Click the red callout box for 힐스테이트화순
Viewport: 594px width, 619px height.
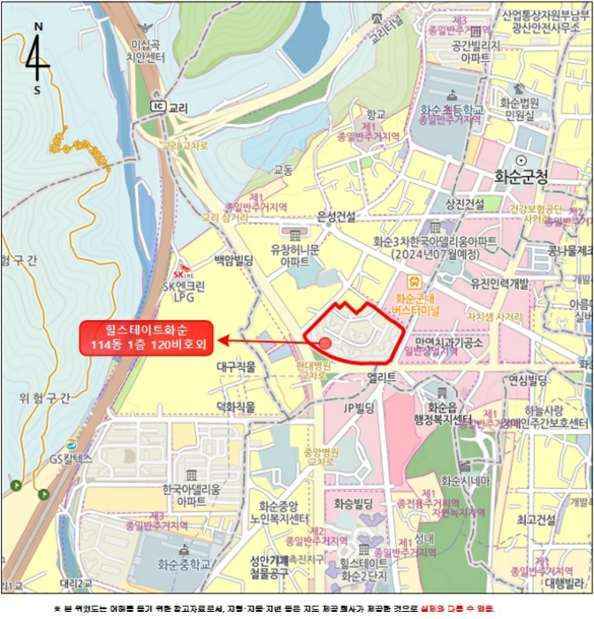click(x=147, y=337)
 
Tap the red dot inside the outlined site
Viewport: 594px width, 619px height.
click(x=325, y=342)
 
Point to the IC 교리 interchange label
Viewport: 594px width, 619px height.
click(x=170, y=106)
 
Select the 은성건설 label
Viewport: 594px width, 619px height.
click(x=335, y=216)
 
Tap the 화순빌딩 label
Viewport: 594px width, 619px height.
click(x=355, y=503)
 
